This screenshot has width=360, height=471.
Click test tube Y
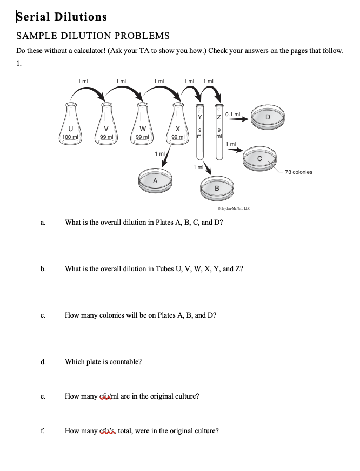tap(200, 130)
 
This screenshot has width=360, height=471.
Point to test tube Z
tap(219, 130)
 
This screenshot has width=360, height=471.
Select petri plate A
tap(156, 180)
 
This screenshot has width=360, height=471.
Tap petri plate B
tap(217, 187)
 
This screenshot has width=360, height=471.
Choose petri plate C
tap(259, 158)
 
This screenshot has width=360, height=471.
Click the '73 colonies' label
tap(298, 172)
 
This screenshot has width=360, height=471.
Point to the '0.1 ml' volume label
tap(232, 115)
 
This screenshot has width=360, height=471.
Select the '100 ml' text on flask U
tap(70, 137)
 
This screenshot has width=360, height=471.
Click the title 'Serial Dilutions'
tap(62, 17)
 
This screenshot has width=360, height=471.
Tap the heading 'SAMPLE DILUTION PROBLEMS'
tap(93, 36)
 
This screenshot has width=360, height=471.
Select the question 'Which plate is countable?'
tap(104, 361)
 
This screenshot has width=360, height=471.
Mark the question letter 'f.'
tap(42, 431)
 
